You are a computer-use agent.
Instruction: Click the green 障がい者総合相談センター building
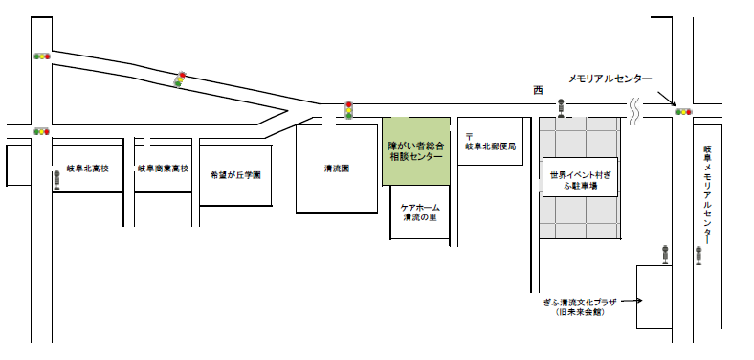click(x=416, y=150)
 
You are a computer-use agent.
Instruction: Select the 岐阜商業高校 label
click(x=164, y=168)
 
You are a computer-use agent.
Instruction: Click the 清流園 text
click(x=336, y=169)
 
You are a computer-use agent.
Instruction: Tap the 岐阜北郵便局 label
click(x=490, y=146)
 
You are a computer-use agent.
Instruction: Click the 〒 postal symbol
click(x=469, y=136)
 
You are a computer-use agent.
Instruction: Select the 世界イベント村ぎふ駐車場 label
click(x=580, y=180)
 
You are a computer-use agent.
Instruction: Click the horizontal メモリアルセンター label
click(x=610, y=79)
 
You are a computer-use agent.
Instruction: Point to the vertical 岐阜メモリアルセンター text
click(x=707, y=195)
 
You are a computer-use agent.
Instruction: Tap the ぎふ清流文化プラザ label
click(x=586, y=306)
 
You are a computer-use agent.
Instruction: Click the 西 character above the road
click(x=538, y=90)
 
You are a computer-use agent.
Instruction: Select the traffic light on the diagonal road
click(x=179, y=79)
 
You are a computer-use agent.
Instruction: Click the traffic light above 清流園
click(x=349, y=109)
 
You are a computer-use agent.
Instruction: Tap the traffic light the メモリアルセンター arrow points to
click(x=683, y=112)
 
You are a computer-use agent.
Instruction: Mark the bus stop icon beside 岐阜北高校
click(x=56, y=179)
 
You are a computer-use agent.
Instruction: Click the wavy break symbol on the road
click(x=634, y=112)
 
